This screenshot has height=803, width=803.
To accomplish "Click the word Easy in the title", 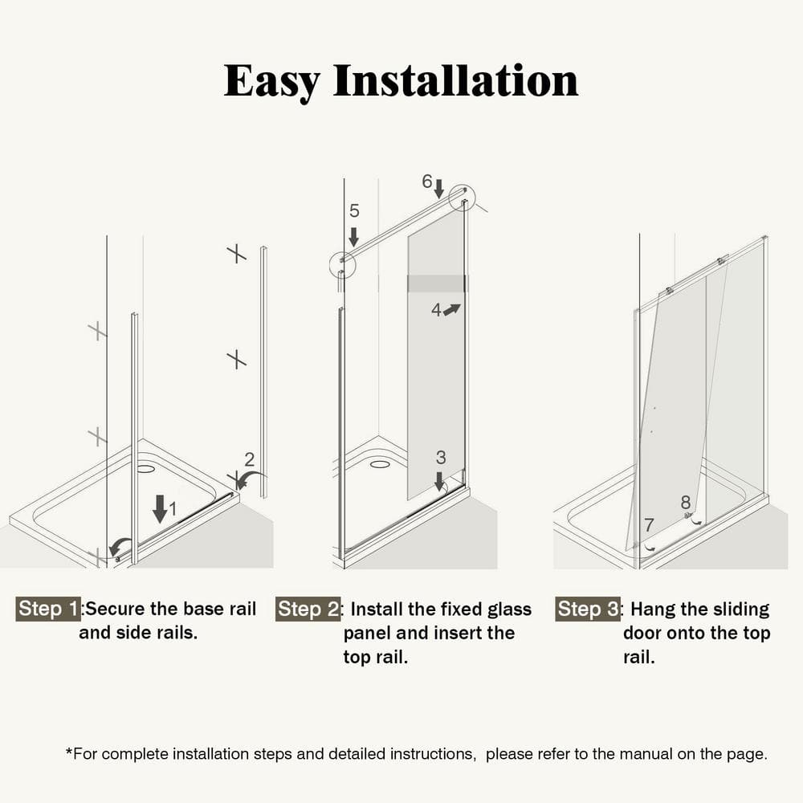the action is click(x=272, y=82).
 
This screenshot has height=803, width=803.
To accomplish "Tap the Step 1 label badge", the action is click(x=48, y=609).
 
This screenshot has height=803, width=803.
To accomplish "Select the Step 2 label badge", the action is click(x=308, y=609).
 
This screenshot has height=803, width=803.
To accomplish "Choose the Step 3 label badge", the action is click(x=588, y=609).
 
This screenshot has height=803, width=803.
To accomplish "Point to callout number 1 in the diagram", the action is click(x=173, y=508).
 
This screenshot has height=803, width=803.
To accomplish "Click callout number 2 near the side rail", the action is click(x=250, y=459).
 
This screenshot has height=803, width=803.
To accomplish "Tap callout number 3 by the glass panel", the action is click(x=441, y=458).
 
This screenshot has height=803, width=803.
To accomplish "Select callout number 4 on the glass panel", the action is click(x=436, y=310).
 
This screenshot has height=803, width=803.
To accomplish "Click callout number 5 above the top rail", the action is click(x=354, y=211).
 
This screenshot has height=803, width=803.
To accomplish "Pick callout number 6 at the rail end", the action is click(x=427, y=181).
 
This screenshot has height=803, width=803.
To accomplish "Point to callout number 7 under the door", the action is click(x=650, y=525).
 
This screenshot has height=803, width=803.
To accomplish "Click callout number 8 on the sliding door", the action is click(x=686, y=503).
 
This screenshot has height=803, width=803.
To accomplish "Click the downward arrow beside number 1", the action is click(x=161, y=508).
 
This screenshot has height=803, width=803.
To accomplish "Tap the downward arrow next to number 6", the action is click(x=439, y=188).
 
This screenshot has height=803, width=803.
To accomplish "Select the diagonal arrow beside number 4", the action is click(x=452, y=309).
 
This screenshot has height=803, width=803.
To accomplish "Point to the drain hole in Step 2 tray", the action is click(x=380, y=464).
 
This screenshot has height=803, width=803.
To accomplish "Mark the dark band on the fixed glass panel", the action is click(x=437, y=283).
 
